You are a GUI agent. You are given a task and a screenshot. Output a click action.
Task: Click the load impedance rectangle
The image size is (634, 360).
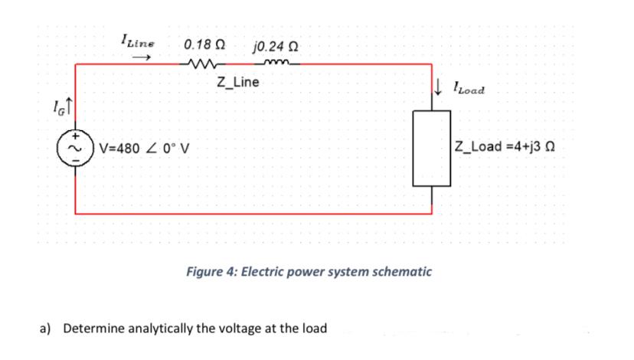pos(433,149)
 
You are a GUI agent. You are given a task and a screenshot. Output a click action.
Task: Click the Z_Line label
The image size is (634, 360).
pos(238,82)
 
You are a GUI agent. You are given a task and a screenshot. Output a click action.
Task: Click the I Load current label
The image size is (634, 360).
pos(469,90)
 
